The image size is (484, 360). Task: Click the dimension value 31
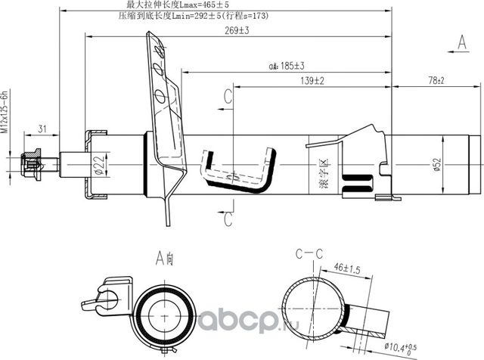(42, 127)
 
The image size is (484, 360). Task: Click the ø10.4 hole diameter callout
(411, 346)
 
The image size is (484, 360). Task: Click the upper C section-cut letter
(227, 95)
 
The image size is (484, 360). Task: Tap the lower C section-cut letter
(227, 219)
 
